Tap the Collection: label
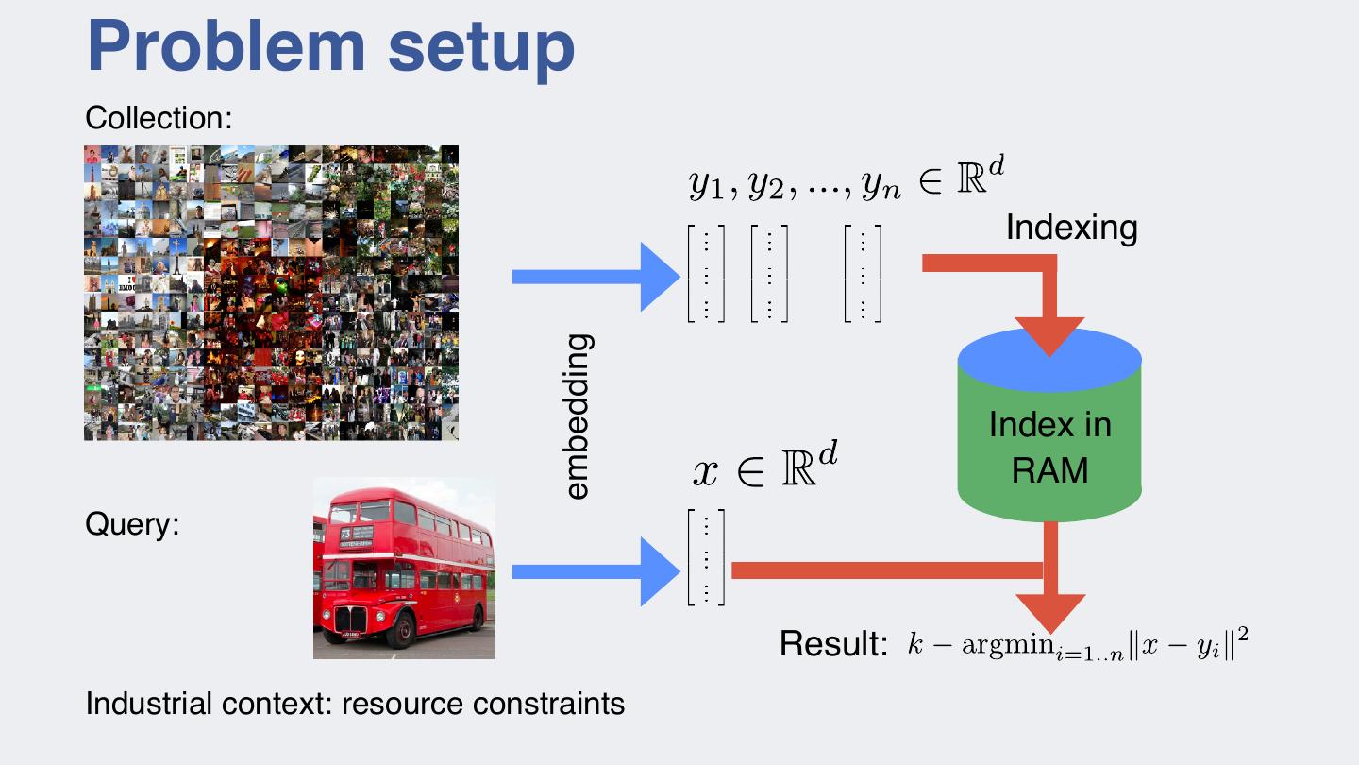pos(159,118)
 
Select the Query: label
pos(132,523)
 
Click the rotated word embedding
pos(577,416)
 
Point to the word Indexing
pos(1071,228)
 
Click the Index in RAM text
pos(1049,447)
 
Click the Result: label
pos(833,644)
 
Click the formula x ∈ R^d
pos(765,467)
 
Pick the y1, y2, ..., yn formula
pos(836,182)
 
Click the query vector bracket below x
pos(706,557)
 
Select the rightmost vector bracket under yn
pos(864,274)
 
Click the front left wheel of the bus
pos(401,628)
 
